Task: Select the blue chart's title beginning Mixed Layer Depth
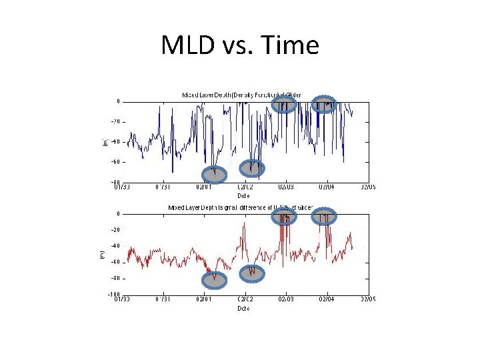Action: click(241, 95)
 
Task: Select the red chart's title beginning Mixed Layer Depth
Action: click(240, 207)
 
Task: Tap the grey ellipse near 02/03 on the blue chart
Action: click(285, 104)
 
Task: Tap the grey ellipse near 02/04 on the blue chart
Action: click(325, 104)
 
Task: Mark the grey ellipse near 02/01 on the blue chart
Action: click(214, 174)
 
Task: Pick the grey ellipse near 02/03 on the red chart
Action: click(285, 217)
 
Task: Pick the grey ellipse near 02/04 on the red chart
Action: click(325, 216)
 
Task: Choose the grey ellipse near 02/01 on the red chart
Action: click(215, 279)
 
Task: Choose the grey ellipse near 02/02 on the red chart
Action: click(252, 273)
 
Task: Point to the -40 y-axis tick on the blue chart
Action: click(115, 141)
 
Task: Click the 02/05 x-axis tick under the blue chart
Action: click(367, 187)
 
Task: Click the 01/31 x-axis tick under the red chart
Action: click(163, 299)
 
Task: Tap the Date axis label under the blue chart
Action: click(245, 195)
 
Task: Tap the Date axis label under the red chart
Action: click(245, 308)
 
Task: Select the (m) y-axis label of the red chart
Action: click(102, 255)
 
